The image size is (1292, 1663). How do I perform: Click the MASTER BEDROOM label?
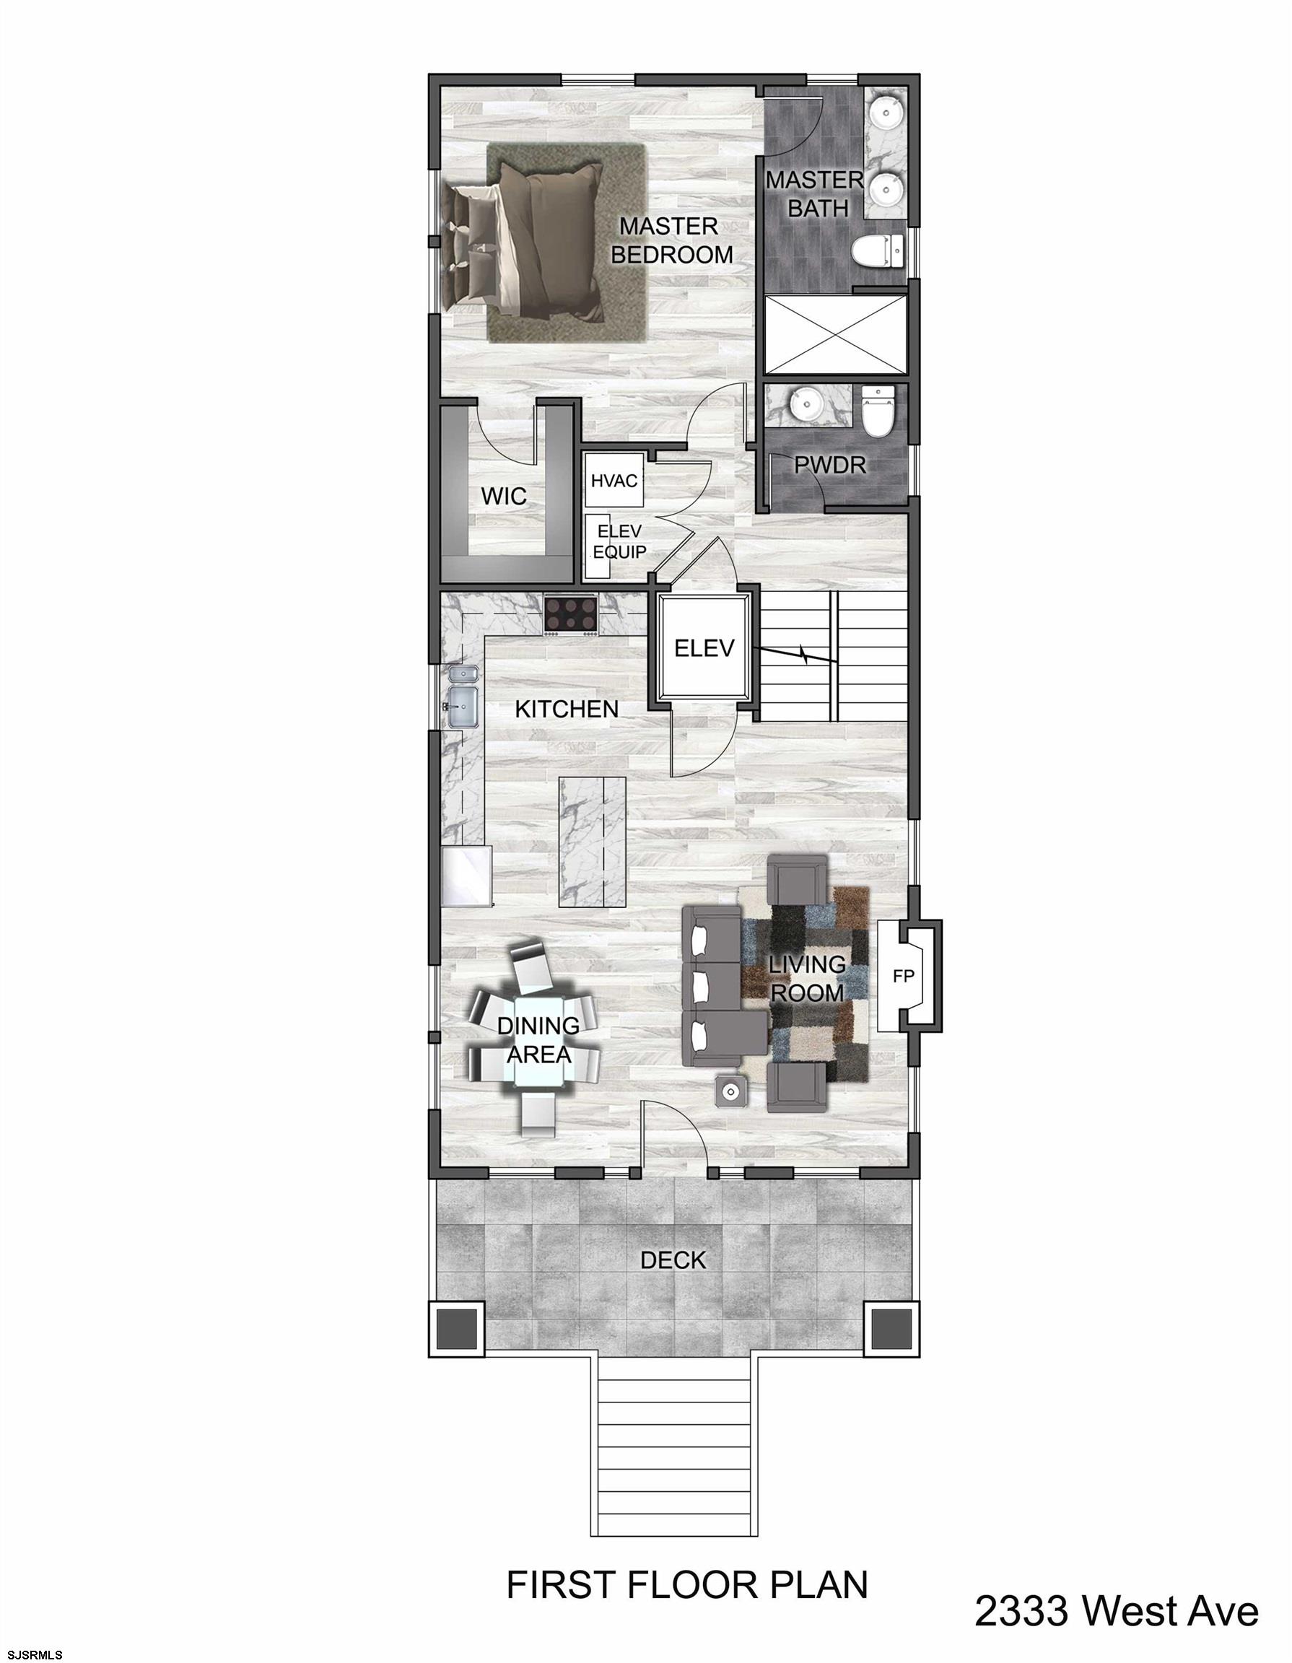(671, 240)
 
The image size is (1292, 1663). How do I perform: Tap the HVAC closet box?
(614, 481)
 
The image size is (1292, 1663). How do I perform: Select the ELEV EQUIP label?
(619, 541)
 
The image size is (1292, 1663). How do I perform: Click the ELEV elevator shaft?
(704, 648)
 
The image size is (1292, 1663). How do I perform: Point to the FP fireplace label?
(903, 976)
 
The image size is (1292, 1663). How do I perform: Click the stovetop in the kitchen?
(571, 613)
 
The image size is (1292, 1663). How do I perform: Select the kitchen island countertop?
(593, 841)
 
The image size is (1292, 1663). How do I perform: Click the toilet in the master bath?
(876, 250)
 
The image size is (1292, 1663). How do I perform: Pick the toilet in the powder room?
(877, 412)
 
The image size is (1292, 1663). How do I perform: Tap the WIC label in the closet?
(503, 497)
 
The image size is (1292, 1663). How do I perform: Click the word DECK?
(673, 1260)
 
